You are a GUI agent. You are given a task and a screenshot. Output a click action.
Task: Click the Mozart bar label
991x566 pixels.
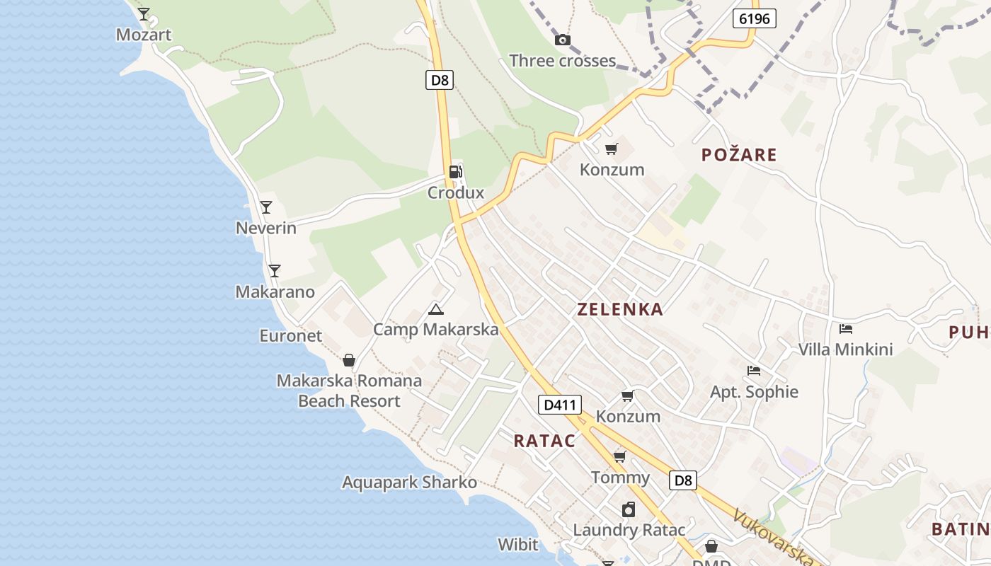(x=144, y=35)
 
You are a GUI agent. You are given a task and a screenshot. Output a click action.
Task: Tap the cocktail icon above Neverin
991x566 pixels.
(x=266, y=207)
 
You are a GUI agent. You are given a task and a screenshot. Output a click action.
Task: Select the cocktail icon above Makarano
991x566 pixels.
(x=275, y=271)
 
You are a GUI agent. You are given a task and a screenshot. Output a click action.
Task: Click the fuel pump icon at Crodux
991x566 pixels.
(x=456, y=171)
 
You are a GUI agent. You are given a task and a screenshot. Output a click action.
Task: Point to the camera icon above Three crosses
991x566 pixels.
(x=563, y=40)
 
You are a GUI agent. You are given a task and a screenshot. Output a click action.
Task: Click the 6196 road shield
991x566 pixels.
(x=754, y=18)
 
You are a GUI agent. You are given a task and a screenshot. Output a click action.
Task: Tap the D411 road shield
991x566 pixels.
(x=560, y=405)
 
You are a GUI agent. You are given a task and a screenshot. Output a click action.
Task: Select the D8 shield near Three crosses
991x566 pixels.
(x=440, y=80)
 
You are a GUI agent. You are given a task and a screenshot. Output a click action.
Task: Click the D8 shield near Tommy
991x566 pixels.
(x=683, y=480)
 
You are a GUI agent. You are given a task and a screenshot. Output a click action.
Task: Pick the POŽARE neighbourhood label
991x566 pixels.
(x=739, y=155)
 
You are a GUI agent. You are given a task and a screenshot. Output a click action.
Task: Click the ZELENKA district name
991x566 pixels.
(x=620, y=309)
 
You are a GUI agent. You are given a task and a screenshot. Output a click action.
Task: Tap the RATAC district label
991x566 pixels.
(x=544, y=441)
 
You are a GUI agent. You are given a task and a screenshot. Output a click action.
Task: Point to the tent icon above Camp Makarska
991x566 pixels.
(x=436, y=309)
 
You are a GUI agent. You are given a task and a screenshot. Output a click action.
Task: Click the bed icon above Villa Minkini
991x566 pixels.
(x=845, y=329)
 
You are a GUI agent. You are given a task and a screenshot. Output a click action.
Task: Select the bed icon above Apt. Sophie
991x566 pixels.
(x=754, y=371)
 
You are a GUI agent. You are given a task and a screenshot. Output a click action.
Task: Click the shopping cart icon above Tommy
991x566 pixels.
(x=620, y=457)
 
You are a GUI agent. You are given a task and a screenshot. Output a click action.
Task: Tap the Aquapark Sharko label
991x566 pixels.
(x=409, y=483)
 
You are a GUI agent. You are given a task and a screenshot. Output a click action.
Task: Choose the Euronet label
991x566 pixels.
(x=290, y=335)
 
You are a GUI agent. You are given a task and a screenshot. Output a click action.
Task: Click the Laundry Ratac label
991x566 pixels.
(x=629, y=530)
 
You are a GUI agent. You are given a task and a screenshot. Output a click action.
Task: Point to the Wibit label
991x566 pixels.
(x=518, y=545)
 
